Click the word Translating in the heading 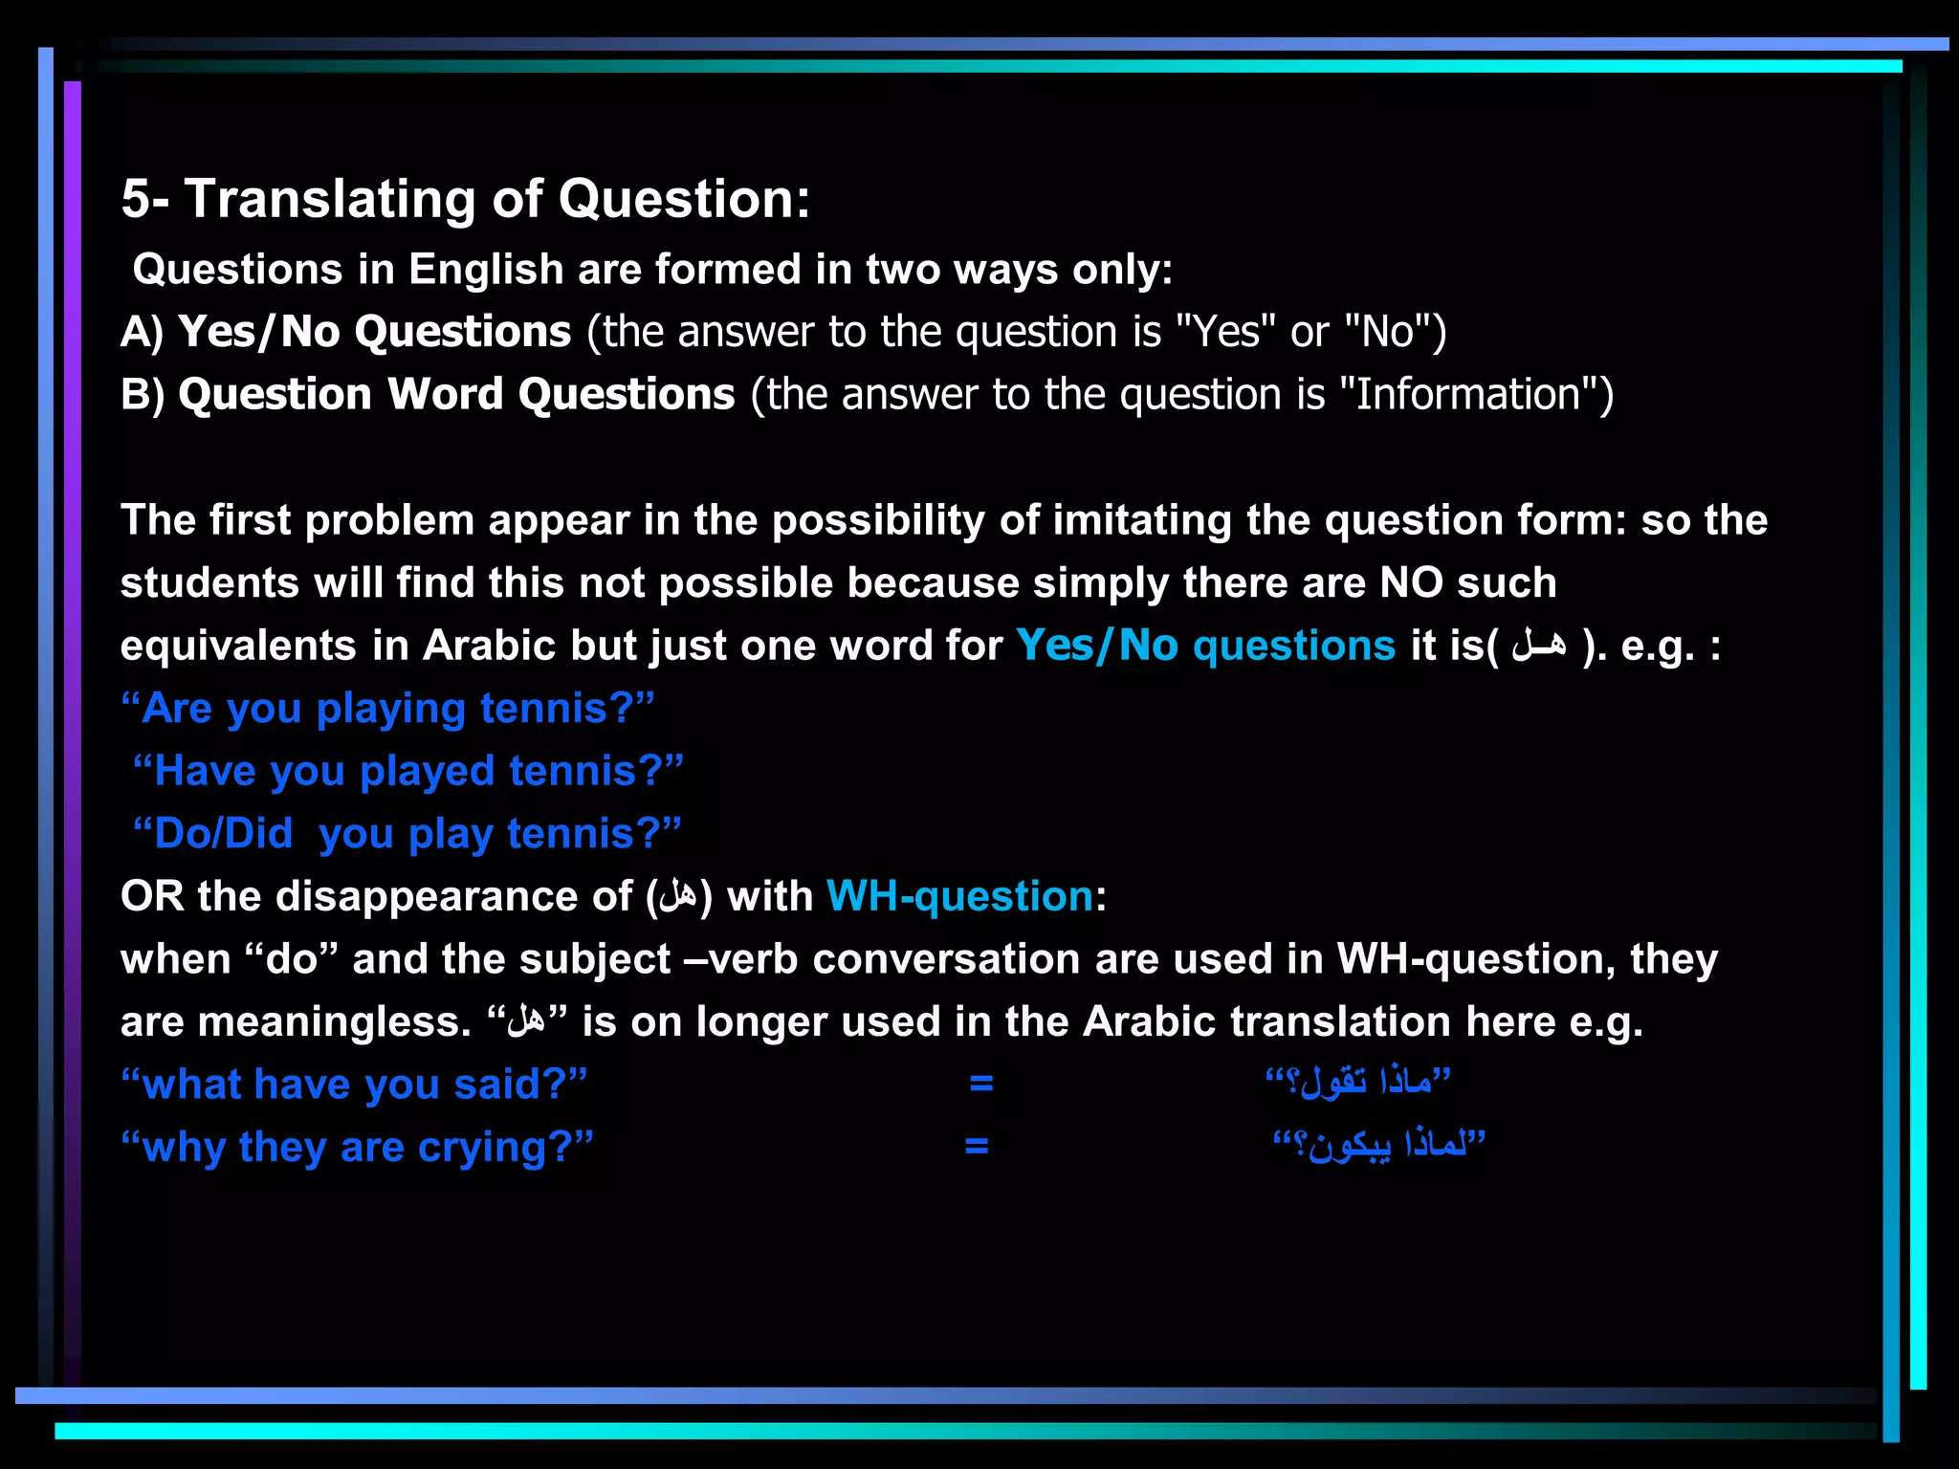[329, 200]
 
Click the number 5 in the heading [136, 200]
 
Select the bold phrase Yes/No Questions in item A [374, 332]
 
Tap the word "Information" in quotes [1469, 394]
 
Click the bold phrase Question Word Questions [456, 394]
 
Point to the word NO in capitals [1411, 582]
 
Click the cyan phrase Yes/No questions [1205, 646]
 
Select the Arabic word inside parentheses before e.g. [1539, 646]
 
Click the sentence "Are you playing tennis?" [387, 709]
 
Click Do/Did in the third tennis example [223, 834]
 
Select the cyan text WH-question [959, 896]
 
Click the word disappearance [453, 896]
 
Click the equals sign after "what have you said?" [981, 1083]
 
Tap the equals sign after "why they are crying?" [976, 1145]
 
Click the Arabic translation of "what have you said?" [1358, 1083]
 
